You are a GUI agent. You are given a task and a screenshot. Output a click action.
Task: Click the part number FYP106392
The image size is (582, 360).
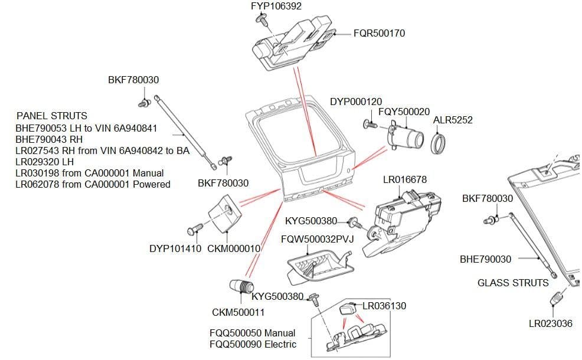point(276,6)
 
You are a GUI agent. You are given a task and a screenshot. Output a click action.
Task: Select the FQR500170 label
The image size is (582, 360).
point(379,34)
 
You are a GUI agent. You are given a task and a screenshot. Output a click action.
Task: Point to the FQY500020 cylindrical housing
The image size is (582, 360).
point(407,140)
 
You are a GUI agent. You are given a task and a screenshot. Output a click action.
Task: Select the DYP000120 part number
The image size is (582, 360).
point(356,102)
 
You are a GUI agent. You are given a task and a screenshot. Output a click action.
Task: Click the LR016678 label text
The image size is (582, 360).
point(405,179)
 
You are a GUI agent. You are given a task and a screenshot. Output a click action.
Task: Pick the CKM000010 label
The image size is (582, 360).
point(234,248)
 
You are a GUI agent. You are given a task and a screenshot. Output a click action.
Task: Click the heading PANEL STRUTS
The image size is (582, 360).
point(52,116)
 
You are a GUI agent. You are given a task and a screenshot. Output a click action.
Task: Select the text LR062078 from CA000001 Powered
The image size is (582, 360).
point(93,184)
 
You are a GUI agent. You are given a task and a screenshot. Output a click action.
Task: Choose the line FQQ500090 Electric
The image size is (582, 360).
point(253,344)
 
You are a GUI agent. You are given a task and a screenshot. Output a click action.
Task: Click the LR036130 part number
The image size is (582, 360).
point(384,306)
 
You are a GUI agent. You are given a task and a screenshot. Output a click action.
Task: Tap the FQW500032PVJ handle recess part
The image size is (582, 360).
point(319,264)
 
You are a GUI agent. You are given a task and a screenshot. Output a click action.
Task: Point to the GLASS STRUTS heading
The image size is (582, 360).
point(513,283)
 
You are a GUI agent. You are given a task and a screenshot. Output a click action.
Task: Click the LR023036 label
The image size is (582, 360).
point(550,323)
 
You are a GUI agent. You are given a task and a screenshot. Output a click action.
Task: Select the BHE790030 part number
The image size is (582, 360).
point(485,259)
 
